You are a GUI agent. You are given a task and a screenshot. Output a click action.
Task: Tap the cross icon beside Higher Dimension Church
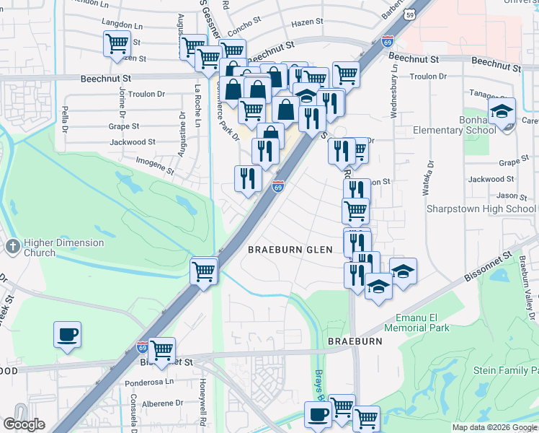pos(12,247)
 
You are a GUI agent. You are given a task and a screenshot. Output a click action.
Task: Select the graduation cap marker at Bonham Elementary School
pos(502,112)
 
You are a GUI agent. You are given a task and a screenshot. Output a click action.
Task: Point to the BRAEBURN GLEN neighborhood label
pos(290,250)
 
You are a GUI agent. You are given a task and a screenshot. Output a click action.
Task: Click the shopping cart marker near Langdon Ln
pos(116,44)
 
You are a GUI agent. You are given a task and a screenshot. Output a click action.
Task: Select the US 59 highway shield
pos(409,14)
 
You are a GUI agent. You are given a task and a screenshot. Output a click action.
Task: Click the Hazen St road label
pos(306,23)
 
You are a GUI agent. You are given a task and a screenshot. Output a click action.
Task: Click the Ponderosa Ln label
pos(150,381)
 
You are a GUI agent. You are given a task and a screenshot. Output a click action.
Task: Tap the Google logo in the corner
pos(24,424)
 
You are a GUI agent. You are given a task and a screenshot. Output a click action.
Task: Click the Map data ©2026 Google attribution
pos(494,427)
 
